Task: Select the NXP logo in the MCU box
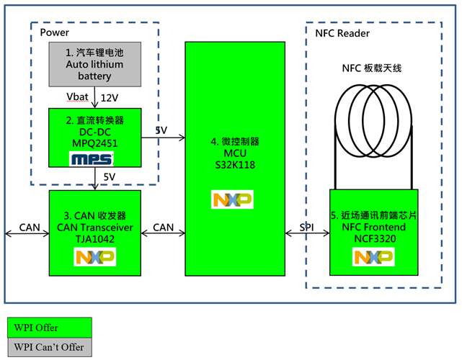[x=231, y=199]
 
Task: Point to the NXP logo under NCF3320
[x=373, y=257]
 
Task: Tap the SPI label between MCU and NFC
[x=306, y=228]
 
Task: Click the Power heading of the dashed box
[x=55, y=33]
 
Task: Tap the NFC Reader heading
[x=343, y=33]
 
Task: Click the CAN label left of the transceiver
[x=30, y=228]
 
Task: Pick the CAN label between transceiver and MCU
[x=164, y=228]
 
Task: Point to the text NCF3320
[x=373, y=238]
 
